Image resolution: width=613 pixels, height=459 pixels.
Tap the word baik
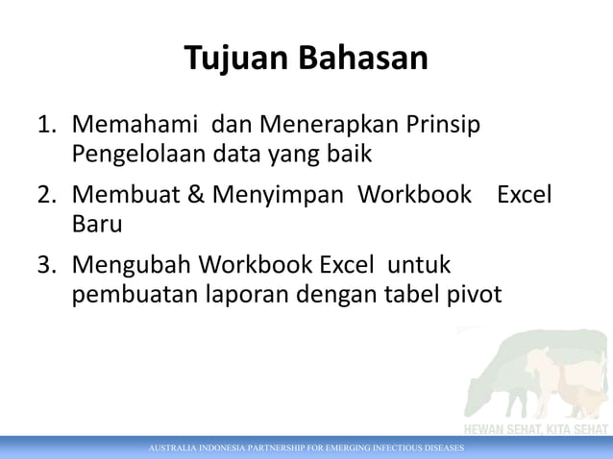point(350,153)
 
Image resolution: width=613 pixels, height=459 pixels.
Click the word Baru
point(97,223)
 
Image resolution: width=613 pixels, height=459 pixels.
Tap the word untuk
point(420,264)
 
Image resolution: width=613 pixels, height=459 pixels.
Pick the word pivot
point(475,292)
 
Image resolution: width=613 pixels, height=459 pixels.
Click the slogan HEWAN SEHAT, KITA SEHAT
point(536,429)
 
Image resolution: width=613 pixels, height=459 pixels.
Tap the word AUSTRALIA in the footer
point(174,448)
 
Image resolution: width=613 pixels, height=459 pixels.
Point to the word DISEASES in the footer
point(439,448)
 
